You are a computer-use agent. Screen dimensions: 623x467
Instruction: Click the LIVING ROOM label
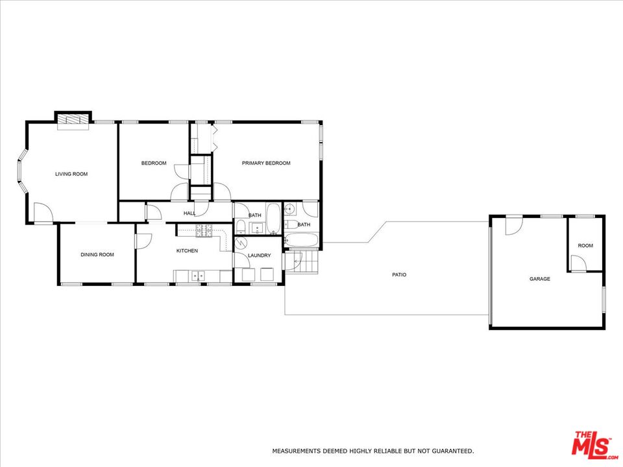click(x=71, y=174)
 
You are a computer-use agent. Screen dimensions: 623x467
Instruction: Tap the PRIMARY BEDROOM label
click(x=266, y=163)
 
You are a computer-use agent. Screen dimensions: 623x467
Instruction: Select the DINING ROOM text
click(x=97, y=254)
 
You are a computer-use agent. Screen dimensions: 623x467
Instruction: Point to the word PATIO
click(x=399, y=274)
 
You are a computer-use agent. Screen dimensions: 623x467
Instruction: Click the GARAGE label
click(x=539, y=279)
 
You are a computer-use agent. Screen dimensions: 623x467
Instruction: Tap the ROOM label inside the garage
click(x=585, y=245)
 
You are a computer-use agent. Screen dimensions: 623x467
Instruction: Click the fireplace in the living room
click(x=73, y=121)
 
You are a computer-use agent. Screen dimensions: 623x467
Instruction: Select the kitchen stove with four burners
click(x=204, y=231)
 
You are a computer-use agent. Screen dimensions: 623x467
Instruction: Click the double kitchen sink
click(x=198, y=276)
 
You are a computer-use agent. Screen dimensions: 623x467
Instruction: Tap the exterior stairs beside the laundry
click(x=302, y=261)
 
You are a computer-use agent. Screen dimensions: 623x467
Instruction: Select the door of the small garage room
click(x=578, y=263)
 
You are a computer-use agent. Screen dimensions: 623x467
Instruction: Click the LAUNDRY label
click(x=260, y=256)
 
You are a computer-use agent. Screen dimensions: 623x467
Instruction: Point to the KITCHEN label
click(x=187, y=250)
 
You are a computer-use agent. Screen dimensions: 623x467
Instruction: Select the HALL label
click(x=189, y=213)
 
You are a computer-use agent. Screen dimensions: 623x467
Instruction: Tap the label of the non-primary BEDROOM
click(x=154, y=163)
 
